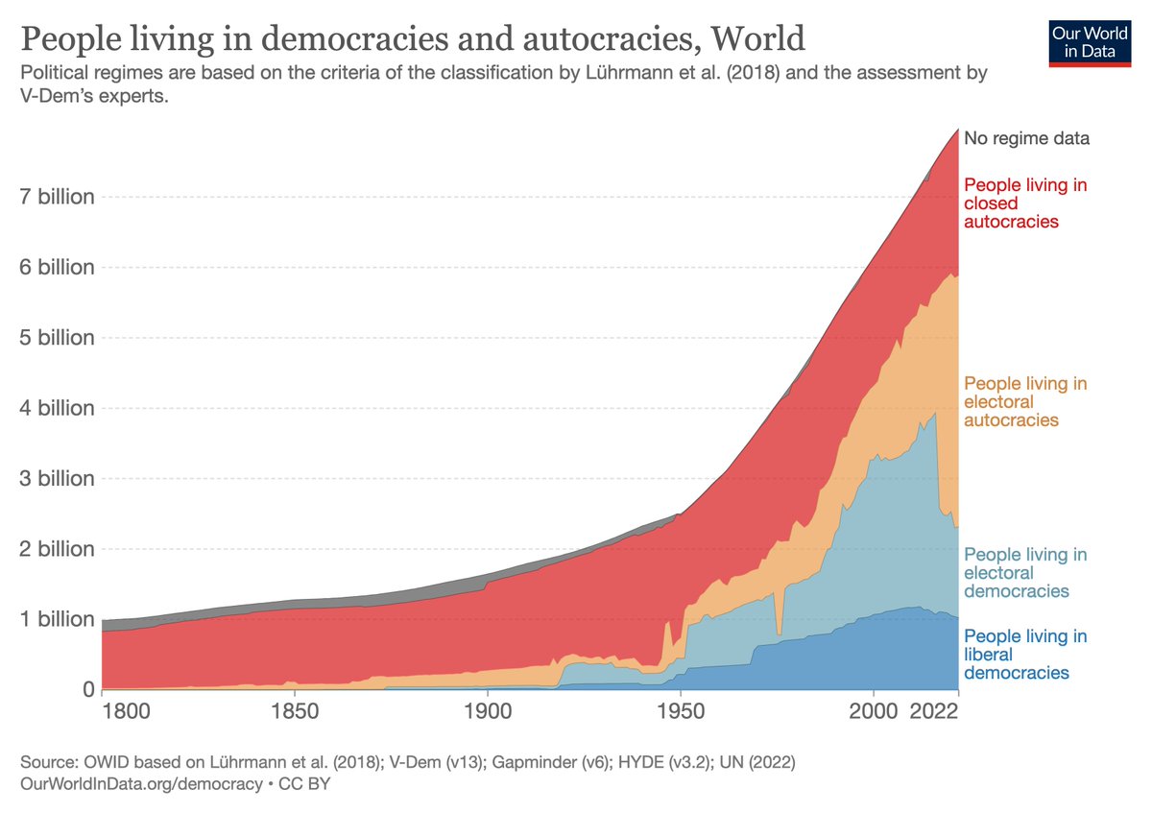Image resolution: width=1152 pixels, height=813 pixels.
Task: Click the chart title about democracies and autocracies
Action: (412, 39)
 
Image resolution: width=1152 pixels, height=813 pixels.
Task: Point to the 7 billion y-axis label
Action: (58, 197)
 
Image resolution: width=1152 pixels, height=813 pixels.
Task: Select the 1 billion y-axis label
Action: (58, 619)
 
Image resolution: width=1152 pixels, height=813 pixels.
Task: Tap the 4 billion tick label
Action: (58, 408)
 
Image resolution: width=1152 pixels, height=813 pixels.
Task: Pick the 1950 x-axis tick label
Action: (680, 713)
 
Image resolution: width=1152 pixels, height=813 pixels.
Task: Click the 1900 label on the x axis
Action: (487, 713)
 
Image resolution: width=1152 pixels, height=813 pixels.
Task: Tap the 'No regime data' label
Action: (1026, 138)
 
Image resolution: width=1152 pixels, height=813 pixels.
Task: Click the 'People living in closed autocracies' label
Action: (1024, 203)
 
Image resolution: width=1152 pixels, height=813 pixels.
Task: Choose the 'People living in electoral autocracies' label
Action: (1024, 402)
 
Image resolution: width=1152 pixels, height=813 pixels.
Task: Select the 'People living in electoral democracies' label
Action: (1024, 573)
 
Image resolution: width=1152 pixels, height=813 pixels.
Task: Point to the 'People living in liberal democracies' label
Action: (1024, 655)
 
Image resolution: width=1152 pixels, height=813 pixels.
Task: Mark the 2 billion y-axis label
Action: (58, 549)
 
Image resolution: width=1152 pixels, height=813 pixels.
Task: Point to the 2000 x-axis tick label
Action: (873, 713)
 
